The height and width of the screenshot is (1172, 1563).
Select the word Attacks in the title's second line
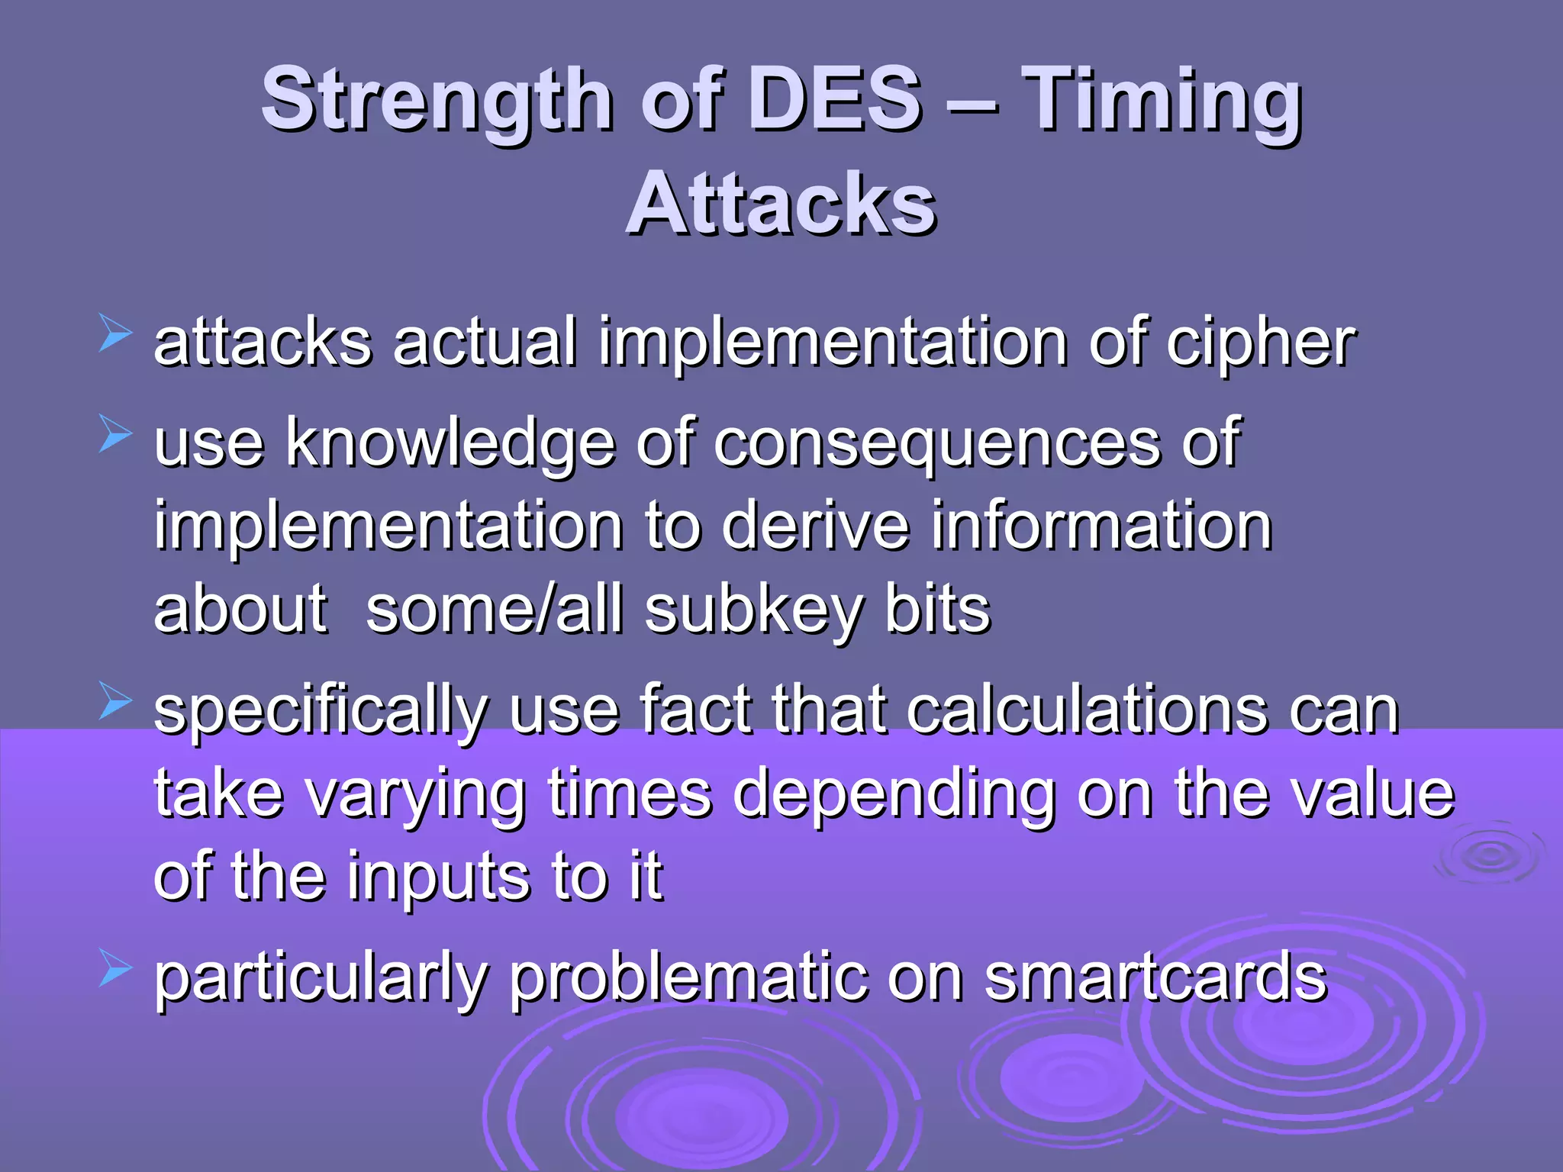pos(781,204)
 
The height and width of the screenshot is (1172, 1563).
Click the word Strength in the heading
pos(437,99)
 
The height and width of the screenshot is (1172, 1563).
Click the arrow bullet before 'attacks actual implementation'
pos(115,336)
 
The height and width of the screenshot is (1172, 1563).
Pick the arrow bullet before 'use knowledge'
pos(115,437)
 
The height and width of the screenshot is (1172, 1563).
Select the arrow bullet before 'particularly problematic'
pos(115,972)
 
